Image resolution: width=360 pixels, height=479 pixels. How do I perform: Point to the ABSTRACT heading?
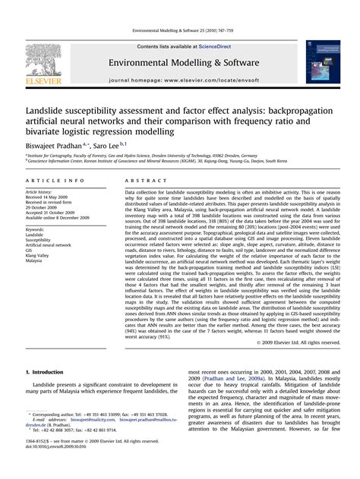tap(142, 181)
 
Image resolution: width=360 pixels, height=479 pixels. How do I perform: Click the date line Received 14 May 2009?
tap(49, 199)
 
